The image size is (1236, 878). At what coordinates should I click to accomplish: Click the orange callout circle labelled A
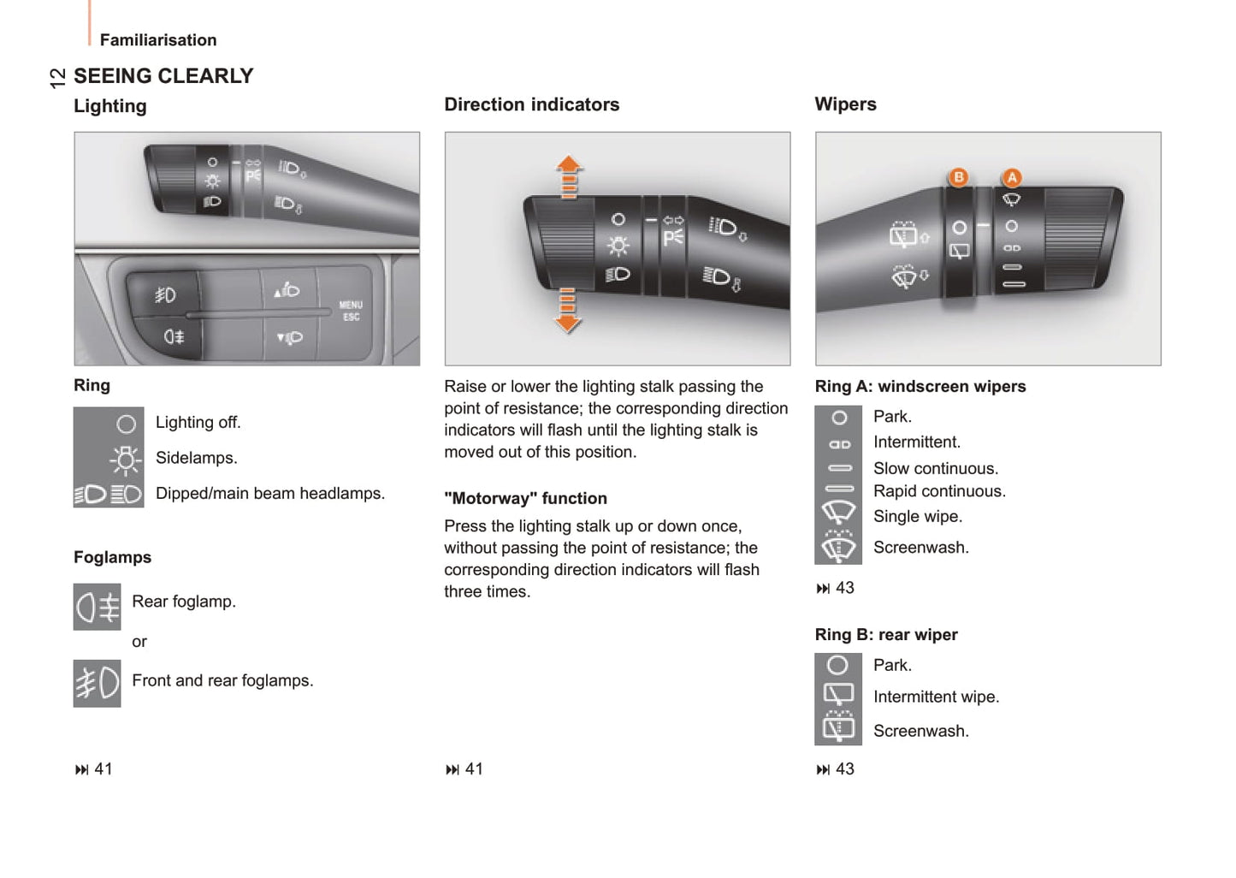click(1012, 177)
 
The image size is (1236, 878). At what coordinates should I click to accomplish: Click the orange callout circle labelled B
click(959, 177)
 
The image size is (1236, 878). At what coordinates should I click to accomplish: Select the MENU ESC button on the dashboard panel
click(351, 311)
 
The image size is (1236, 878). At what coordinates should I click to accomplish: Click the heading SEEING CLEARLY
click(163, 76)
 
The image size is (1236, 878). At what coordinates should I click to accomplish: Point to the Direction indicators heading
click(531, 104)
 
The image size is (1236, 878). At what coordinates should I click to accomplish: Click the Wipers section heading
click(845, 104)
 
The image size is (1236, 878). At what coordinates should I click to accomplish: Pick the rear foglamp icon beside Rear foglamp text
click(98, 607)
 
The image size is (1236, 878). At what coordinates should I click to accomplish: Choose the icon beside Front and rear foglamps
click(98, 683)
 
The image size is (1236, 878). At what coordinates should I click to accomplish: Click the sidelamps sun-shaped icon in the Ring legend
click(125, 460)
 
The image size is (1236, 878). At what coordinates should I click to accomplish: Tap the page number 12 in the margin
click(57, 78)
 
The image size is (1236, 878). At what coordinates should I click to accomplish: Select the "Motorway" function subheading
click(525, 498)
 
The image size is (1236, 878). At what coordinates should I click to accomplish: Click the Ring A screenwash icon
click(838, 547)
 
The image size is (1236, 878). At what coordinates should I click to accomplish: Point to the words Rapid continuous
click(939, 491)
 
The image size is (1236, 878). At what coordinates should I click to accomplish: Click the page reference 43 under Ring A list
click(836, 588)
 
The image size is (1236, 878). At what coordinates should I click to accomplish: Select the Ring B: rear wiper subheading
click(886, 634)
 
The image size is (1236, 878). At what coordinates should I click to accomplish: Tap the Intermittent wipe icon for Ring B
click(838, 694)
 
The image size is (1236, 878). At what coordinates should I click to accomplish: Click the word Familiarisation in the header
click(158, 40)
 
